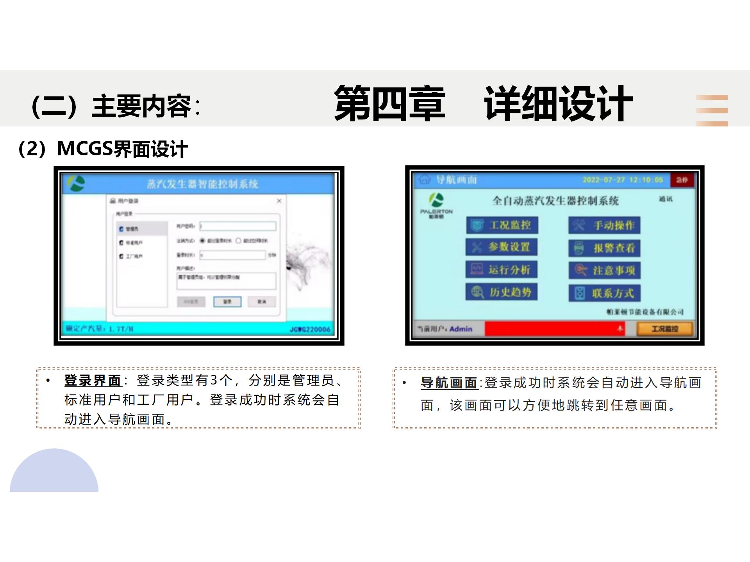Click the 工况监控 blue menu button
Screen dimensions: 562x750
(502, 225)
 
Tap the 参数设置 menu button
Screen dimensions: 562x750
(502, 247)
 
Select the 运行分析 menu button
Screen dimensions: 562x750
(502, 270)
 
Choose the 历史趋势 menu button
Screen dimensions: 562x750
(502, 292)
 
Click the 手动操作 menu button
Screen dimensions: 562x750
(604, 226)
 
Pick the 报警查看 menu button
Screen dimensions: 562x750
(604, 248)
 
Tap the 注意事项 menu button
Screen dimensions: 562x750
(604, 270)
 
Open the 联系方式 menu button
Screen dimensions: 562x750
(604, 293)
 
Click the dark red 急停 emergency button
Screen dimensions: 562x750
(682, 180)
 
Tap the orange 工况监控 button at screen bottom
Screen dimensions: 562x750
(665, 329)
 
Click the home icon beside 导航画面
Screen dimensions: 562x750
(424, 180)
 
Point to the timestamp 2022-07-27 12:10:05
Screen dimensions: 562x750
(623, 180)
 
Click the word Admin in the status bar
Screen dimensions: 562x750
(461, 329)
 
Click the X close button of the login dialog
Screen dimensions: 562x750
(279, 201)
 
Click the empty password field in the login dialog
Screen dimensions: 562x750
(238, 226)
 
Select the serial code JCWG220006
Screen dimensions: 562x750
(310, 329)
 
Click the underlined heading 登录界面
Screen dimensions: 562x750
(93, 380)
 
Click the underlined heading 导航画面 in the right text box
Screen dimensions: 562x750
(449, 382)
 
